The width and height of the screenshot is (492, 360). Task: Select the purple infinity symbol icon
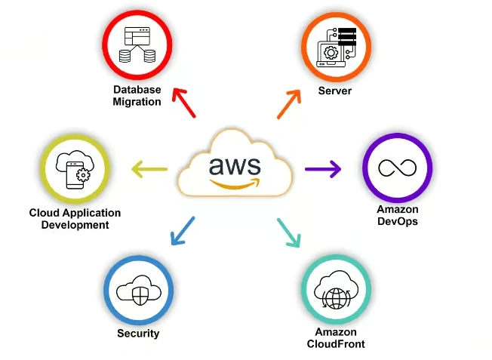click(x=397, y=168)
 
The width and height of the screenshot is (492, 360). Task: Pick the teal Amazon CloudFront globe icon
click(x=336, y=290)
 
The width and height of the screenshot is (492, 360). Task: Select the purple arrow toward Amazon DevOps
click(x=324, y=168)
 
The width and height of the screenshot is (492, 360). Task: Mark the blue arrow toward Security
click(x=182, y=232)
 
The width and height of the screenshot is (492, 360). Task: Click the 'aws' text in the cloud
click(x=235, y=164)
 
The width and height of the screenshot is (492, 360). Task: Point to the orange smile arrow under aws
click(x=235, y=182)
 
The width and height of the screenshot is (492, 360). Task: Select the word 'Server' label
click(x=335, y=91)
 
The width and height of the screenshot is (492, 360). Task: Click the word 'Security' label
click(x=138, y=333)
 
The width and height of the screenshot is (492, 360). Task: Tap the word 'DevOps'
click(x=397, y=222)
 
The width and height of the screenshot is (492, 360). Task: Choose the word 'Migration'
click(x=137, y=102)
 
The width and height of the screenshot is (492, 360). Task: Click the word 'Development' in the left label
click(x=75, y=225)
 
